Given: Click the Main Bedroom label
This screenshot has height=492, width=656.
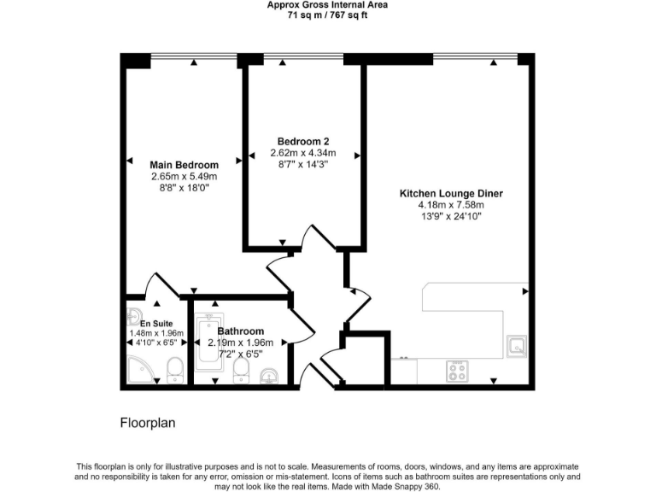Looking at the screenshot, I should tap(184, 165).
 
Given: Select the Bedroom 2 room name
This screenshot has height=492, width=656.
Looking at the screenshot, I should tap(303, 142).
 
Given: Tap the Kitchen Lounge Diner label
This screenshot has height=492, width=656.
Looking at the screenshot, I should tap(451, 194).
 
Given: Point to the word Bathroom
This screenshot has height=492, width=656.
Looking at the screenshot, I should tap(240, 331).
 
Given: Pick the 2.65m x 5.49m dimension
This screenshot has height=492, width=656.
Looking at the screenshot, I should tap(184, 177).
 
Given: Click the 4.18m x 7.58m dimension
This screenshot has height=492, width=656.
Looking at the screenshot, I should tap(451, 205).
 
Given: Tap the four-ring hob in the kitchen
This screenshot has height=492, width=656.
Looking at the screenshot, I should tap(457, 372).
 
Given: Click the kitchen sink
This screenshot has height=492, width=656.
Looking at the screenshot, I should tap(516, 346).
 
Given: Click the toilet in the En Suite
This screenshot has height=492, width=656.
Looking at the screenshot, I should tap(175, 369).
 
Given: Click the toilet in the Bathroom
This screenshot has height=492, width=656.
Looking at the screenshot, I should tap(241, 370).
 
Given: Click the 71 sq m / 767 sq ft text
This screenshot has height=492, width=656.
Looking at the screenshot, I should tap(327, 15).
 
